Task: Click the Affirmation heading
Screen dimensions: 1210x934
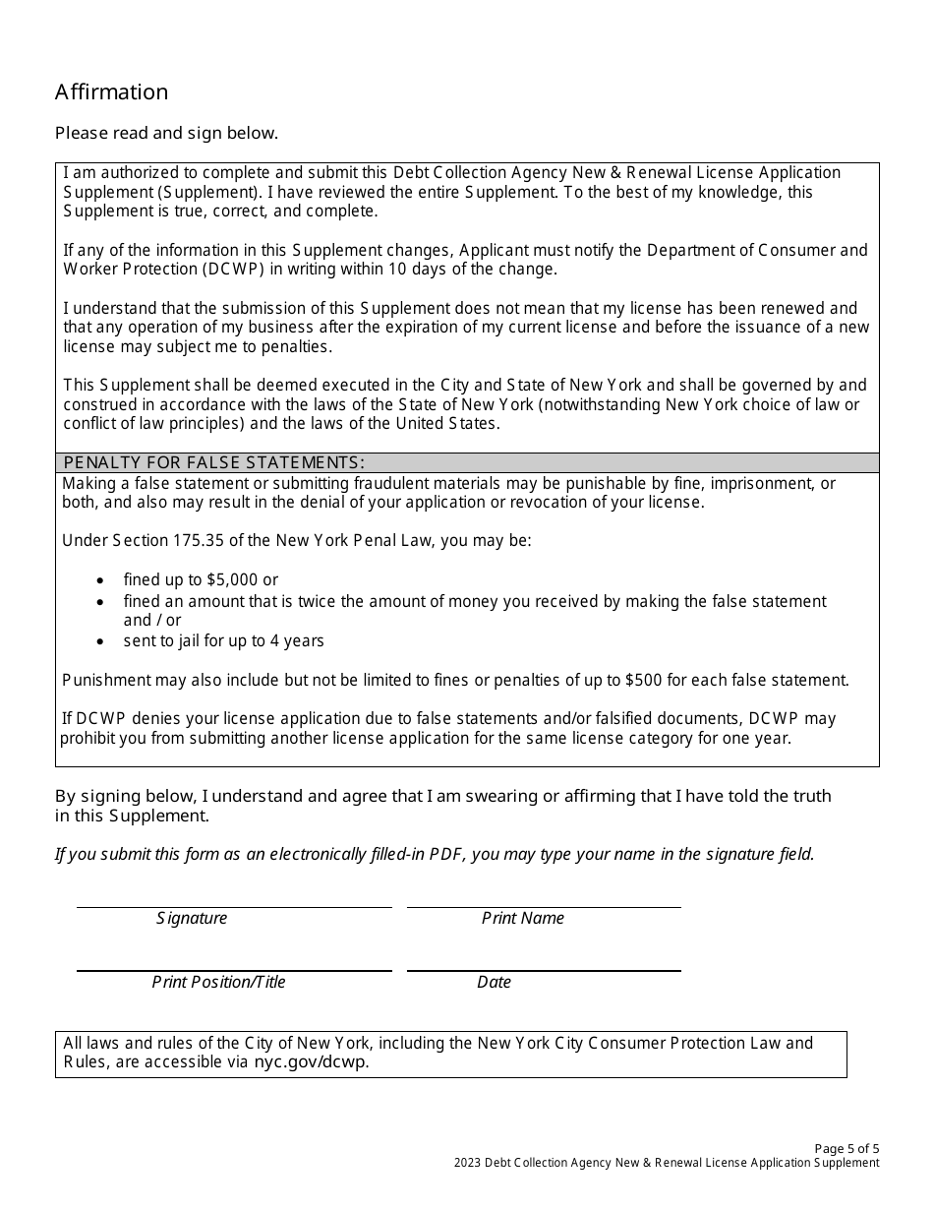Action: (111, 92)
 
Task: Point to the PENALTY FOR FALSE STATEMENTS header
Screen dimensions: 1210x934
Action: (214, 462)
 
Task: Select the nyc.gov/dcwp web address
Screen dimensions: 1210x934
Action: (311, 1062)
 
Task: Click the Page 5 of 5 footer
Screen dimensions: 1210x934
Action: (846, 1148)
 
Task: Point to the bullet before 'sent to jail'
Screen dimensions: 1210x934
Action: (101, 641)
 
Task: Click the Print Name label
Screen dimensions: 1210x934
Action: (522, 918)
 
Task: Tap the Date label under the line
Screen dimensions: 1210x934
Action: (494, 982)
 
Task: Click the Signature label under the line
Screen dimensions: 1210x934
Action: (192, 918)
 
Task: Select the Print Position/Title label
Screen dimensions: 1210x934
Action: (218, 982)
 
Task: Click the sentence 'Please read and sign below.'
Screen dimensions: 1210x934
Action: (166, 133)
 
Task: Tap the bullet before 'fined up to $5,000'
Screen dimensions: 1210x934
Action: (101, 580)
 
